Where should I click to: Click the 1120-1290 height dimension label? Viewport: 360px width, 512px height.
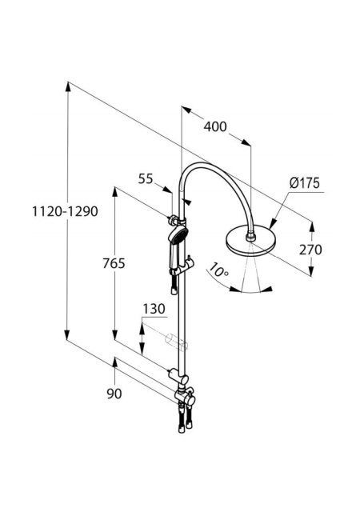click(x=65, y=211)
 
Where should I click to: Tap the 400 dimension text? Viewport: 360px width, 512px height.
click(x=215, y=126)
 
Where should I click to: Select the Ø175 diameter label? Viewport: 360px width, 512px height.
click(x=304, y=183)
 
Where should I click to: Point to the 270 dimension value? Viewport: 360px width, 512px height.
click(x=310, y=250)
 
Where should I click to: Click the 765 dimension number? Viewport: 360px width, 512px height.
click(x=114, y=263)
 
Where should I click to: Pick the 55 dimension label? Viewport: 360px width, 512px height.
click(x=146, y=179)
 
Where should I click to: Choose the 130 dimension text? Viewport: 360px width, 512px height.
click(x=154, y=309)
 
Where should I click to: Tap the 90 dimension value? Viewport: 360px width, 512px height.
click(x=114, y=394)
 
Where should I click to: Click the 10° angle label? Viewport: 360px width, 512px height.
click(x=218, y=270)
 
